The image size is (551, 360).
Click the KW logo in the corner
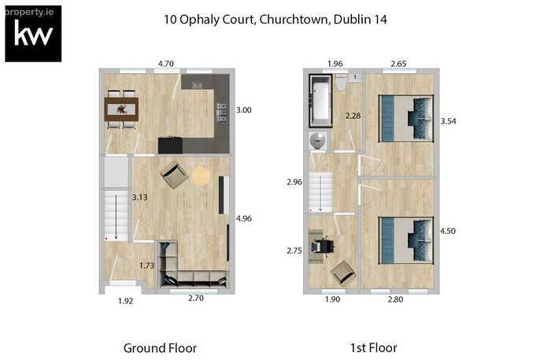[33, 34]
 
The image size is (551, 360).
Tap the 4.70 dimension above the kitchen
[166, 64]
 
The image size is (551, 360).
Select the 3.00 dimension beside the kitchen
[243, 110]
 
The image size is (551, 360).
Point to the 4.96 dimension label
[244, 218]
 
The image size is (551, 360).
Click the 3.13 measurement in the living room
[139, 197]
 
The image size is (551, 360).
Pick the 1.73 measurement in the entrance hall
[146, 265]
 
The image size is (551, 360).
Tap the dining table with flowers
[121, 109]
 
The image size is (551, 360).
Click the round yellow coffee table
[202, 176]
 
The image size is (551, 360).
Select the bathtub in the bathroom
[320, 101]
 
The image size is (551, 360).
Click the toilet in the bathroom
[341, 83]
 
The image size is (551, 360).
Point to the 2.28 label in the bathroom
[353, 116]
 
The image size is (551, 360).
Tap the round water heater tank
[318, 141]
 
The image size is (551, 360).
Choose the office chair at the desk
[323, 246]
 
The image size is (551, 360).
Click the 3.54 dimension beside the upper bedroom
[449, 121]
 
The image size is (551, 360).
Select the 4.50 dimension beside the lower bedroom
[448, 231]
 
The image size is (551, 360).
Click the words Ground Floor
[161, 348]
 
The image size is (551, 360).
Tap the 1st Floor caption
[374, 348]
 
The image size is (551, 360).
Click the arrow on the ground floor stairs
[116, 217]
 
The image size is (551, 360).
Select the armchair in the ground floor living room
[174, 175]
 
